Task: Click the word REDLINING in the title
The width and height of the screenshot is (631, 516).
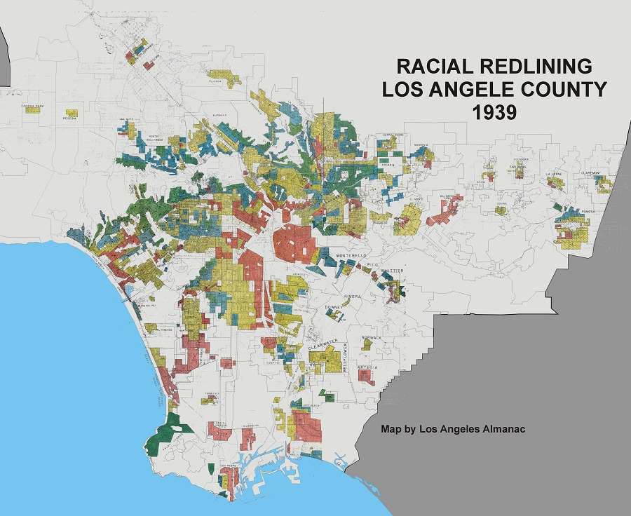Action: pos(533,67)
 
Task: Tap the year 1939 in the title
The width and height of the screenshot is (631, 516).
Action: pos(493,112)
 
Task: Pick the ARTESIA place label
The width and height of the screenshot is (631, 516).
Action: pos(367,367)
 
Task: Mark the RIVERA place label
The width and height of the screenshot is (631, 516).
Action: pos(351,297)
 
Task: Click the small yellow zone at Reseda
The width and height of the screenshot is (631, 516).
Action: pos(71,112)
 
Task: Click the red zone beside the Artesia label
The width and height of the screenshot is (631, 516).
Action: pos(365,376)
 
